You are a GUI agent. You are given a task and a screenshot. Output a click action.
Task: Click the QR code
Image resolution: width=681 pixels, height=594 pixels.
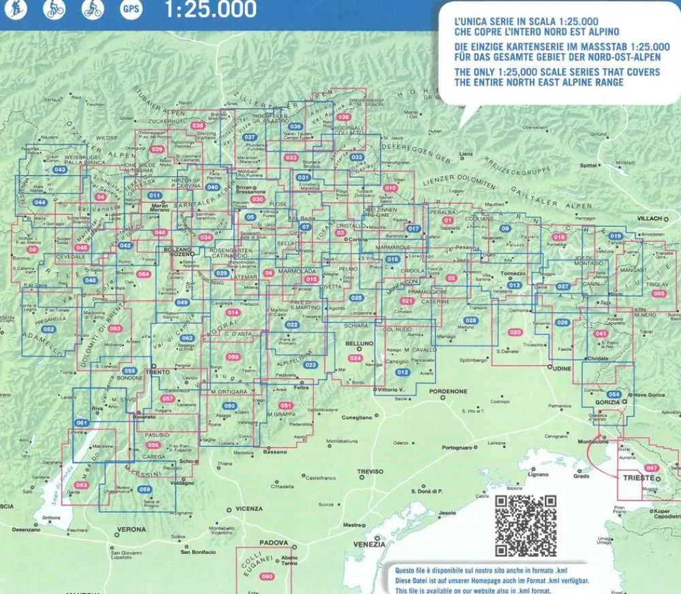(525, 525)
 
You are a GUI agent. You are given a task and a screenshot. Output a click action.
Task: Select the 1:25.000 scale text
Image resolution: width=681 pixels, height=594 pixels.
(210, 9)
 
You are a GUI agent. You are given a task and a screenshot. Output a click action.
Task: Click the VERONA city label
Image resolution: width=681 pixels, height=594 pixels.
(131, 529)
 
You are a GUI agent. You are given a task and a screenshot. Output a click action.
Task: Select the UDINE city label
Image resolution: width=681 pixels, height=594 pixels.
(562, 368)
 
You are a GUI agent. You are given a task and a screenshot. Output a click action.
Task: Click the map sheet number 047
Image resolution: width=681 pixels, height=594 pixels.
(652, 468)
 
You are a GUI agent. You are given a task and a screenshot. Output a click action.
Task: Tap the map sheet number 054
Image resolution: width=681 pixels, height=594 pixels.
(614, 394)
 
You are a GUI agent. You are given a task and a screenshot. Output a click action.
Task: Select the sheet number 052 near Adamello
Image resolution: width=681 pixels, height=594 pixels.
(48, 329)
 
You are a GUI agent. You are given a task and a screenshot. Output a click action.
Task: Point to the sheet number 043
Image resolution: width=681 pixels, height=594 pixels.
(60, 170)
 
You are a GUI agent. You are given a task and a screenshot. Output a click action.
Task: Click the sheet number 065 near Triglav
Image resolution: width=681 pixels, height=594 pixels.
(658, 294)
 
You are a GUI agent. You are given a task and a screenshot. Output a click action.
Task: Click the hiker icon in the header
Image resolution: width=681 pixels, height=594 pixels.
(15, 9)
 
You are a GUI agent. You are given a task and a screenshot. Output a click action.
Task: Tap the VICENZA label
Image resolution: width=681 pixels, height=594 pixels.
(249, 509)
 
